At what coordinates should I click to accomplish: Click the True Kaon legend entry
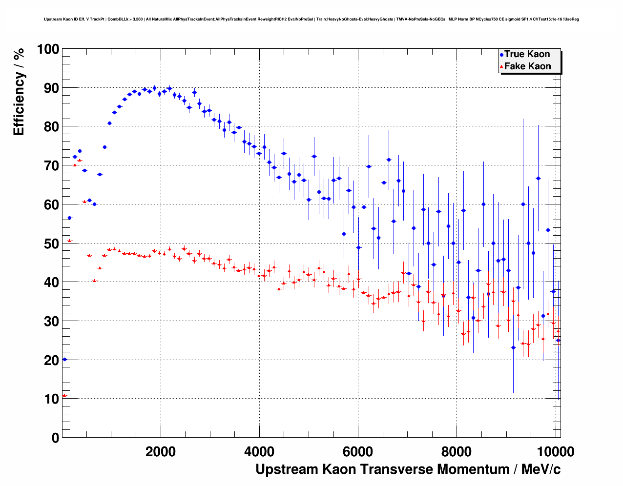coord(527,54)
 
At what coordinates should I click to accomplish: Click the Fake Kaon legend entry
coord(527,66)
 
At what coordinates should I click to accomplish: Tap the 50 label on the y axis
coord(51,243)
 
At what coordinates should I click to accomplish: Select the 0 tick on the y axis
coord(55,438)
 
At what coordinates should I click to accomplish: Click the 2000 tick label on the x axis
coord(161,451)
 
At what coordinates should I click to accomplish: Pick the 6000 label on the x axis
coord(358,451)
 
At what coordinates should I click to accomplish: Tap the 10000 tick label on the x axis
coord(555,451)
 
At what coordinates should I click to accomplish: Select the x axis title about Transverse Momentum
coord(408,469)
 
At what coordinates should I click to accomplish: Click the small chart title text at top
coord(311,20)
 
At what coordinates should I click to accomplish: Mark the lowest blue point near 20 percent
coord(64,360)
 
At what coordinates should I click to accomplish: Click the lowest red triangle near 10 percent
coord(64,395)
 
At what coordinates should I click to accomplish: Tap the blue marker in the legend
coord(501,55)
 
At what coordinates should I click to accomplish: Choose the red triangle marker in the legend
coord(501,67)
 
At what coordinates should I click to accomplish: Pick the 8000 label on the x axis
coord(457,451)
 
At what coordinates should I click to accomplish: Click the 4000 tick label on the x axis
coord(259,451)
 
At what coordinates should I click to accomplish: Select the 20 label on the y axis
coord(51,360)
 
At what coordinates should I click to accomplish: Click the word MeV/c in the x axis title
coord(541,469)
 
